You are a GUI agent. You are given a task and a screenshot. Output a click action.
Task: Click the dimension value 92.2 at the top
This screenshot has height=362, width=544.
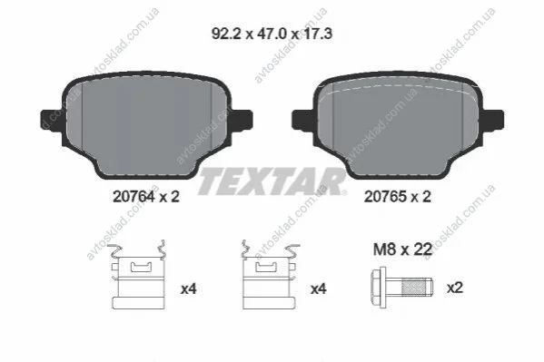(226, 34)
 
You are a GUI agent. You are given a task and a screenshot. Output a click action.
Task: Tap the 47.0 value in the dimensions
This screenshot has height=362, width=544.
(272, 34)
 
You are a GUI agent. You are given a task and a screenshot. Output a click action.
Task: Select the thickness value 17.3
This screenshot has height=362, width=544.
(318, 34)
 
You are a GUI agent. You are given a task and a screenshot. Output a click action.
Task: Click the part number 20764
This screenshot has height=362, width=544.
(134, 197)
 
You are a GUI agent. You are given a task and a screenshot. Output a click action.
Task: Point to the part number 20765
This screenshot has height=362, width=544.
(385, 197)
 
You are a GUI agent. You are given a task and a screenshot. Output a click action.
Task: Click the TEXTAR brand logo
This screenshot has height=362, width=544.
(272, 181)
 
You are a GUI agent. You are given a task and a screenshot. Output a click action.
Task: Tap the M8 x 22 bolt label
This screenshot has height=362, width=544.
(403, 249)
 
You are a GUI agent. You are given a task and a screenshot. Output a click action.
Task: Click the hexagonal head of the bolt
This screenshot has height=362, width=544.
(379, 287)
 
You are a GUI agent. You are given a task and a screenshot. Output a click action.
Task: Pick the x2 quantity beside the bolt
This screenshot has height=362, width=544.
(454, 288)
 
